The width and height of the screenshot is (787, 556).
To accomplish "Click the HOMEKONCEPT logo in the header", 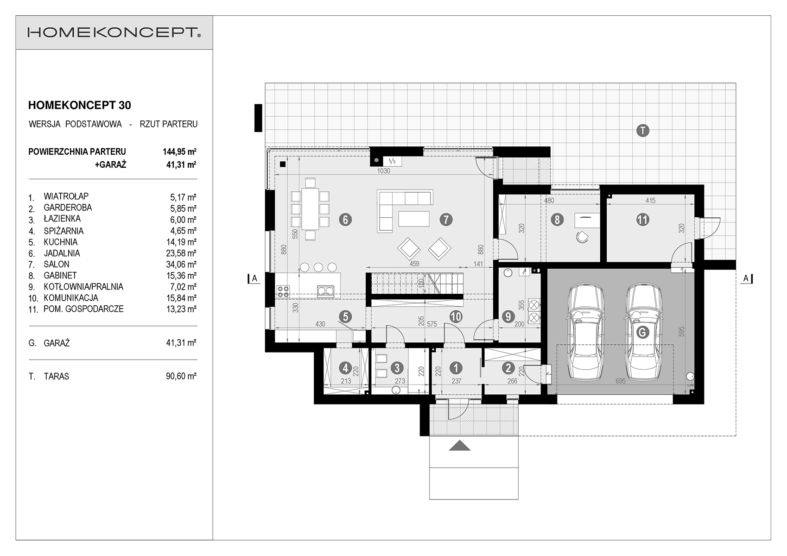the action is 114,32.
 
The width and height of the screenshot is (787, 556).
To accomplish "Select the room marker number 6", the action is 345,220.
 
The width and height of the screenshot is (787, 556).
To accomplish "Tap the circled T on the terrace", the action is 643,131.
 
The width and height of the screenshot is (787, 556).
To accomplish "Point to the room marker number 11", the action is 643,220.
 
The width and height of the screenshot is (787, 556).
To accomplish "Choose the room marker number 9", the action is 508,317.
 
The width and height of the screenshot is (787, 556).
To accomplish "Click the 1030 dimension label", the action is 384,171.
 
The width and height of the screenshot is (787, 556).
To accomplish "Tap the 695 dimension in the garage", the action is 621,381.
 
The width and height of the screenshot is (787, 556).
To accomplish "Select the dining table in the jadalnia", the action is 310,209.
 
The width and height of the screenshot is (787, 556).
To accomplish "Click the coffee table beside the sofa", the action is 414,219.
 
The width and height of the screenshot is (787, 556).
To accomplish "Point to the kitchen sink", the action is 326,290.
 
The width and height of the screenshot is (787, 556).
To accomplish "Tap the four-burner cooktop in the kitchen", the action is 284,291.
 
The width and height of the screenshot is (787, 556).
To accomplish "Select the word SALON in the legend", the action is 57,264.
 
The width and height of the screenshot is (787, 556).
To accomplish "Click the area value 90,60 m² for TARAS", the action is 181,376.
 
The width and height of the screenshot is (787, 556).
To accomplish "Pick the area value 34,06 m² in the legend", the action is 181,264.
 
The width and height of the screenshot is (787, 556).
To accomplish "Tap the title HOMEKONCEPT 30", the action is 79,105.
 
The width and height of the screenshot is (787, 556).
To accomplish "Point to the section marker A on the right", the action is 746,279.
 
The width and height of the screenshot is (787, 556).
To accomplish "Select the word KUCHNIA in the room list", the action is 60,242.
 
